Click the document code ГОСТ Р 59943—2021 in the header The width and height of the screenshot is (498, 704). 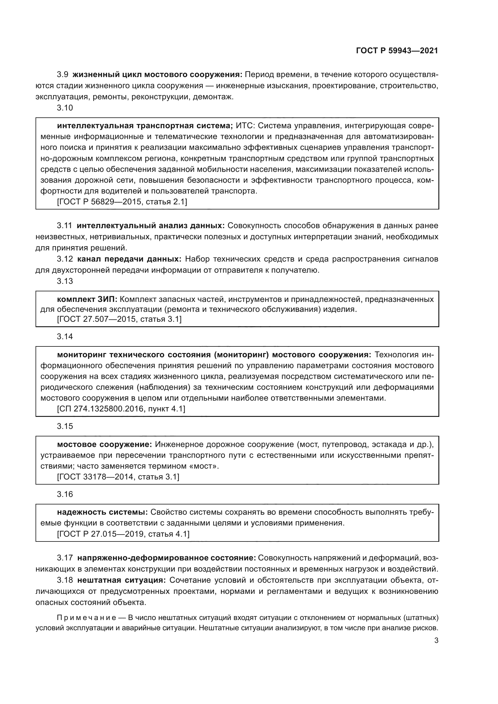[x=397, y=51]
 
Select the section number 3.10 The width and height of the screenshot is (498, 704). [x=65, y=108]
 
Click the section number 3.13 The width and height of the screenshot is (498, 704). [x=65, y=281]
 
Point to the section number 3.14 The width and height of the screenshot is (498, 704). [x=65, y=337]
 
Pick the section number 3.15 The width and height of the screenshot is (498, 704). [x=65, y=426]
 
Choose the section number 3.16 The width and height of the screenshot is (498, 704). [x=65, y=494]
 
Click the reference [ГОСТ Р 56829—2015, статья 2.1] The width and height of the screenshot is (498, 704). [x=122, y=202]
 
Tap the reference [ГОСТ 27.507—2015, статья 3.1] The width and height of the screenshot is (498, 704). [x=119, y=319]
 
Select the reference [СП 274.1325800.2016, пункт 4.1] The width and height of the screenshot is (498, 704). [x=121, y=409]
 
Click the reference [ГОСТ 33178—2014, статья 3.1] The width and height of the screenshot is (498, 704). [x=118, y=477]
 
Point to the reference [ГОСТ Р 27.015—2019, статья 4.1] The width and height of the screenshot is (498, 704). [x=123, y=534]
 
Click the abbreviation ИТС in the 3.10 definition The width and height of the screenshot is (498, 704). [x=244, y=126]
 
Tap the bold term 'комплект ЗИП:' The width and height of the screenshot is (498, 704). [x=87, y=299]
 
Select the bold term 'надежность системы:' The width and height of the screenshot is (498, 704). [x=102, y=512]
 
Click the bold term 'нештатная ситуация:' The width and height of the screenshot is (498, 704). [x=121, y=580]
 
